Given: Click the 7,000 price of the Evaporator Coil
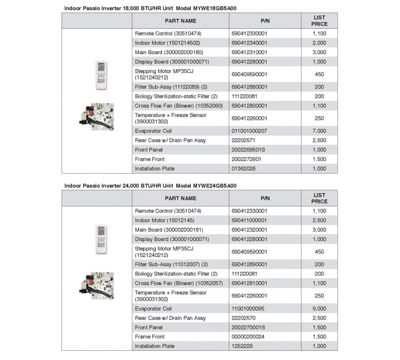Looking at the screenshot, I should click(x=319, y=131).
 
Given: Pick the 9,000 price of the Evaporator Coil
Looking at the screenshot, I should click(x=319, y=308).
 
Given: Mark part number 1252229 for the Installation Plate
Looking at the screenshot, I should click(x=242, y=346).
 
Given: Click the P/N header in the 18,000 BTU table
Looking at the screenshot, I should click(x=265, y=21).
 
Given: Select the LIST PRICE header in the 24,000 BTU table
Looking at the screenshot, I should click(x=319, y=198).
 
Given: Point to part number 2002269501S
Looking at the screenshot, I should click(x=248, y=150).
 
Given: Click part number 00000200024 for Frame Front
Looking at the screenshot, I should click(x=248, y=336).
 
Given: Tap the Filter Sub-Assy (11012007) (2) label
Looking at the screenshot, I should click(x=171, y=265).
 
